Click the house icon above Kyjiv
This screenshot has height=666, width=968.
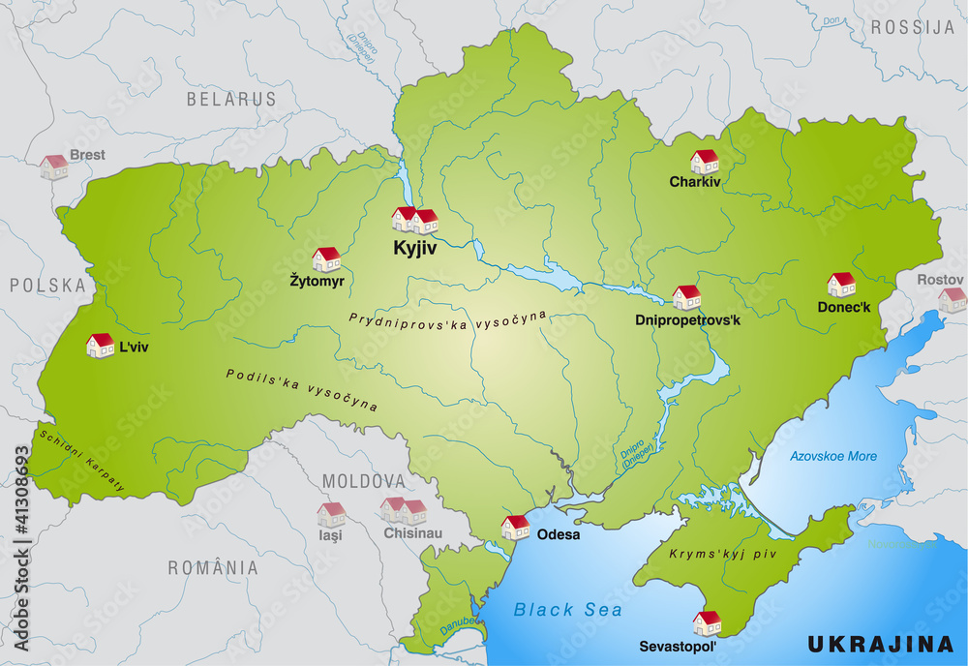coord(414,220)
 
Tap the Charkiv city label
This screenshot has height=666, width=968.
coord(695,181)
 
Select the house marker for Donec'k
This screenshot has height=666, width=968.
coord(841,284)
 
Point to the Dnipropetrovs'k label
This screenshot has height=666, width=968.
coord(687,318)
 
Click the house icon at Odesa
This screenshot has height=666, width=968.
coord(515,527)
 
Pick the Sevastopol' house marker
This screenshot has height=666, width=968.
coord(708,622)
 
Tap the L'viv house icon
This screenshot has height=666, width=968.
coord(100,345)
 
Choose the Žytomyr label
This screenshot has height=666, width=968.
coord(318,281)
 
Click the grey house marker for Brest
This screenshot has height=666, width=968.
coord(54,166)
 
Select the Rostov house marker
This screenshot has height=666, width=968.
coord(952,299)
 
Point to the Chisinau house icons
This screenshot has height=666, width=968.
coord(404,510)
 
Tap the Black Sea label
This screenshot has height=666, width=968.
coord(568,609)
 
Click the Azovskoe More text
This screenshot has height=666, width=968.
coord(833,456)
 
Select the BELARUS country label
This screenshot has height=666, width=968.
coord(231,99)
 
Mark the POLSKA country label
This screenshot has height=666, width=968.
coord(48,285)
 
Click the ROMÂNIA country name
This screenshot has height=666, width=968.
coord(213,568)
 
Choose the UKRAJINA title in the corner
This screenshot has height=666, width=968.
coord(881,643)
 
